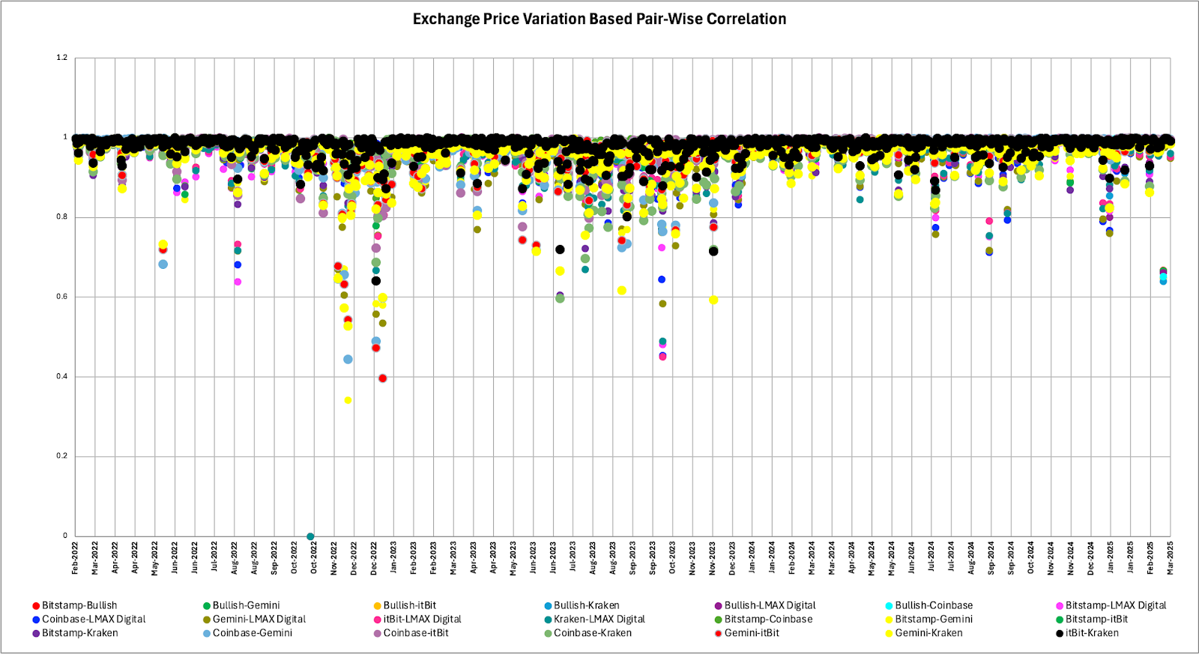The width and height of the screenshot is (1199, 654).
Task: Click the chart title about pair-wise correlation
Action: (599, 19)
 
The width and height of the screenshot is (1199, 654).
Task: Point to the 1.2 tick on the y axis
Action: (62, 58)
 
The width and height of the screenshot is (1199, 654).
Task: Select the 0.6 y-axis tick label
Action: (62, 297)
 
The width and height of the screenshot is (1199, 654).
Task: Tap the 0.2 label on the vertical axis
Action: (62, 456)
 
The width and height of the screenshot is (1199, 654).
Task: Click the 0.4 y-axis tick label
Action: (62, 377)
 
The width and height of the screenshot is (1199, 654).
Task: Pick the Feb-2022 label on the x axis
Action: (75, 558)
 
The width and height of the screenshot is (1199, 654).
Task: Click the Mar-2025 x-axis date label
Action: (1171, 558)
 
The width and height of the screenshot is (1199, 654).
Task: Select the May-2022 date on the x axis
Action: (155, 558)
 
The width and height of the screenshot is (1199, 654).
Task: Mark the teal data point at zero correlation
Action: (310, 536)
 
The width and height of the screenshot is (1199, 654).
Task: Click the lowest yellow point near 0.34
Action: (348, 401)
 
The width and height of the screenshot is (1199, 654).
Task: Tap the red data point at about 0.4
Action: (383, 378)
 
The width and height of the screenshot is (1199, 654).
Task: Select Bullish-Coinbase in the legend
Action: (933, 605)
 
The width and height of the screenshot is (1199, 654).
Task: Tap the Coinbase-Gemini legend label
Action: (252, 633)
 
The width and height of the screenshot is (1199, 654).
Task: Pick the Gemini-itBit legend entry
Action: (751, 633)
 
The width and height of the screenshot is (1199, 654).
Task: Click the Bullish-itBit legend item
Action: (409, 605)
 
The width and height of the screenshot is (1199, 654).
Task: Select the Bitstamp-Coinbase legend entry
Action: (767, 620)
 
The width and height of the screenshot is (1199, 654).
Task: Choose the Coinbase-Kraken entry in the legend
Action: (592, 633)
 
